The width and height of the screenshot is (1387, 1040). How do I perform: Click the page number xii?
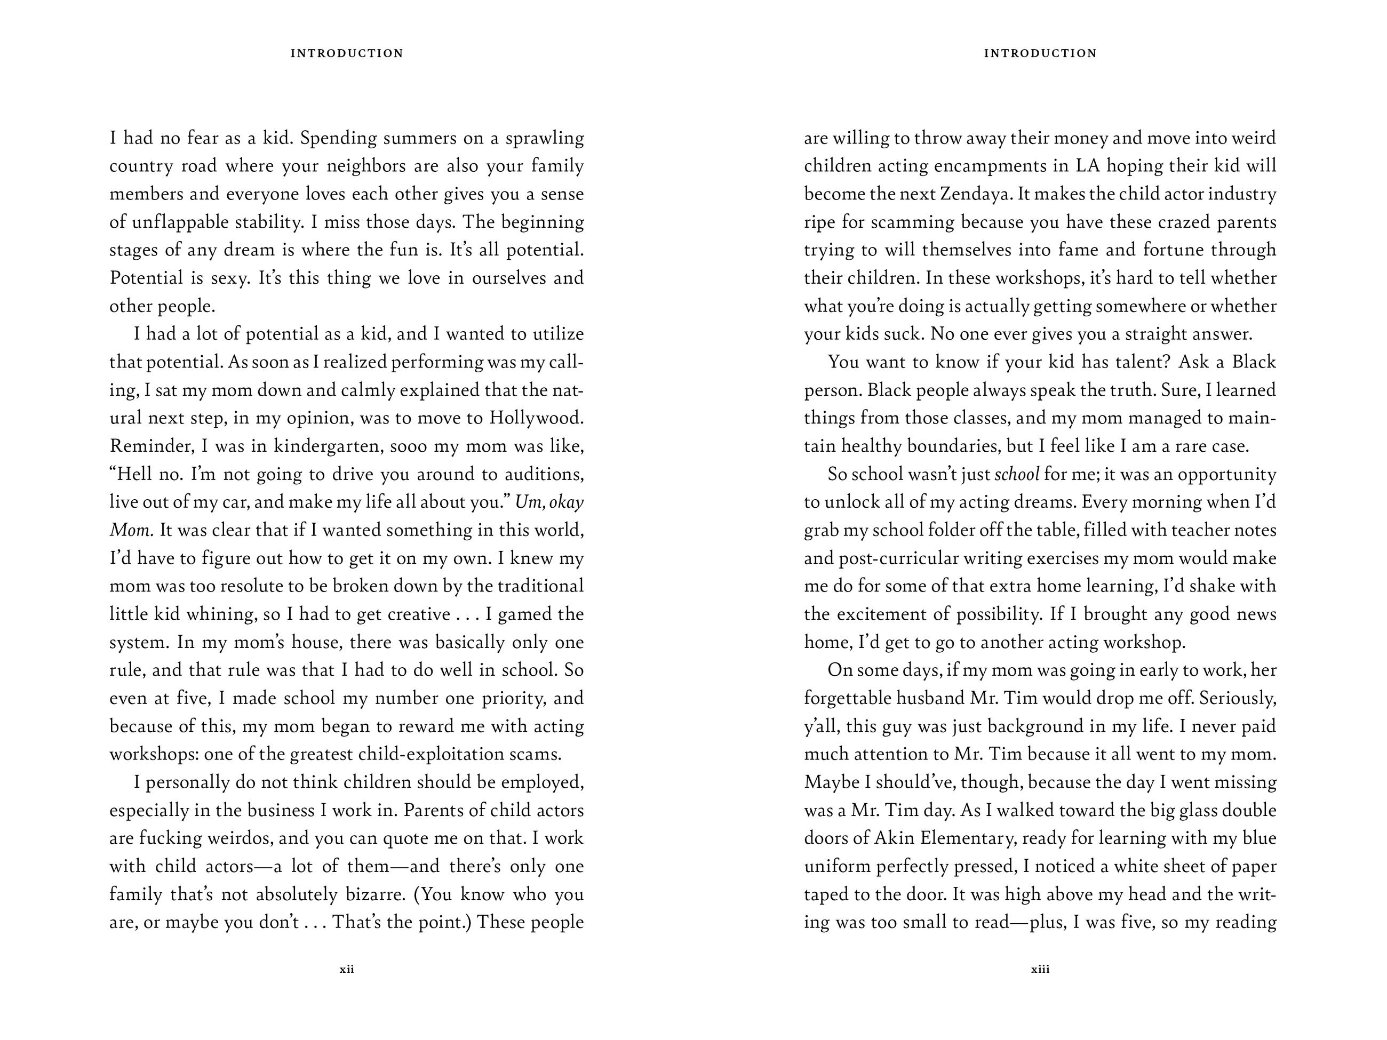coord(347,969)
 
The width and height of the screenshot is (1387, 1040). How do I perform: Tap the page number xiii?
coord(1040,969)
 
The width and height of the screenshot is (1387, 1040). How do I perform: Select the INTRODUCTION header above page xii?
coord(347,53)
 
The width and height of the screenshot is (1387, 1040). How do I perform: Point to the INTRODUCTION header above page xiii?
coord(1040,53)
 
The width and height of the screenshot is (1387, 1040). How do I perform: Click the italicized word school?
coord(1017,474)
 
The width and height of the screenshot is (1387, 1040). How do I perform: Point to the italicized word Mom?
coord(131,530)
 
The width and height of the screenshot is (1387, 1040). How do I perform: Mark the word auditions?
coord(544,474)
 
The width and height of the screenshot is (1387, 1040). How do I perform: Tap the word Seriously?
coord(1238,698)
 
